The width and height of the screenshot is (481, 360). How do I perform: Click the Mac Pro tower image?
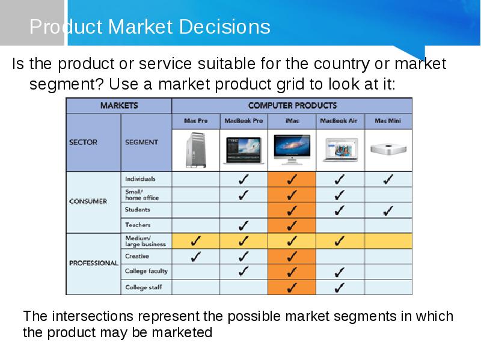[196, 150]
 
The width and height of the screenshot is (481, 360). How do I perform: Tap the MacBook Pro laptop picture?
[244, 150]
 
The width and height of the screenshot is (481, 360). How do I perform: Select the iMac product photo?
[292, 149]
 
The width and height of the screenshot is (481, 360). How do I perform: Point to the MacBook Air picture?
[340, 150]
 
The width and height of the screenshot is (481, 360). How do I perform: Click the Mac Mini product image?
[388, 149]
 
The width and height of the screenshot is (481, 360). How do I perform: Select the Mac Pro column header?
[196, 121]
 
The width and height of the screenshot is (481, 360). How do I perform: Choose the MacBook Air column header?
[339, 121]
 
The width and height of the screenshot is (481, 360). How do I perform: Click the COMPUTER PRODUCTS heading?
[292, 106]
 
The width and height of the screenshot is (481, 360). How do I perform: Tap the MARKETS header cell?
[119, 106]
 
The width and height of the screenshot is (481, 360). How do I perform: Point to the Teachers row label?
[138, 225]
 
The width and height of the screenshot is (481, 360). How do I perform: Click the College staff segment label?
[143, 287]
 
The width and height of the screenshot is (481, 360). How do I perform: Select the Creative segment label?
[137, 256]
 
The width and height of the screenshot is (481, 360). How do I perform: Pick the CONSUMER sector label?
[88, 201]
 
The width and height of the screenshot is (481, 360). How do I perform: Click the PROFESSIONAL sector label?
[94, 263]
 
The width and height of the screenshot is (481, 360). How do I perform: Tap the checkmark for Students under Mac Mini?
[388, 211]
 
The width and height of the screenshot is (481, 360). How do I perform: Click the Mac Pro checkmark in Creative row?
[196, 257]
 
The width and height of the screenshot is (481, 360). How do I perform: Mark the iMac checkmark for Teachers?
[292, 226]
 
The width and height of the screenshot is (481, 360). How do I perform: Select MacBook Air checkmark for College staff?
[339, 288]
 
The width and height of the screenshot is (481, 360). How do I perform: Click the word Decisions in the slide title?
[224, 26]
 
